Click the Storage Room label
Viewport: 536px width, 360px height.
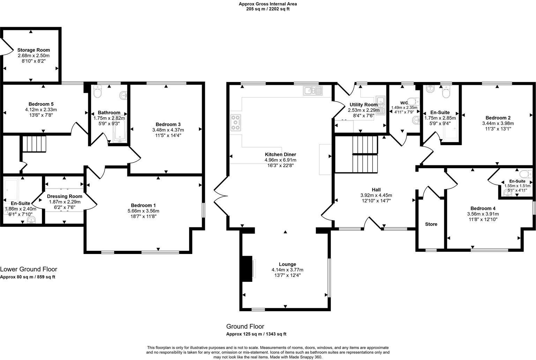pos(33,50)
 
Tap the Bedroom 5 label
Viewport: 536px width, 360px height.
pos(41,104)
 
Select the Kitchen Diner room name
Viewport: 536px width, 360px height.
pos(280,155)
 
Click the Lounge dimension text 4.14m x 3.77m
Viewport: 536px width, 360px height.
pos(287,270)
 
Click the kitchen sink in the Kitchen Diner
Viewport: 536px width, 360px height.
pos(313,91)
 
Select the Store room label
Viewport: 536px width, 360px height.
pos(431,224)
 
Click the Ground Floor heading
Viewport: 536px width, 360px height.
pos(245,327)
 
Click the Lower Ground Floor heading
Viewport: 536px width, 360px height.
pos(29,269)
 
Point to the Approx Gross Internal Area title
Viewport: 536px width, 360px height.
pos(268,4)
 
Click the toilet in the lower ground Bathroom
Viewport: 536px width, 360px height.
pos(97,93)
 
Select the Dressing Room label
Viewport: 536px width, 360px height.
pos(65,196)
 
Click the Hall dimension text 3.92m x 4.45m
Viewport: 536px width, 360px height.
pos(376,195)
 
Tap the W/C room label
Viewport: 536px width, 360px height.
pos(404,103)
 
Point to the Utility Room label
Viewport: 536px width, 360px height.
pos(363,105)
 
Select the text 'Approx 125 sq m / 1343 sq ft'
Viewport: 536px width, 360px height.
pos(256,334)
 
